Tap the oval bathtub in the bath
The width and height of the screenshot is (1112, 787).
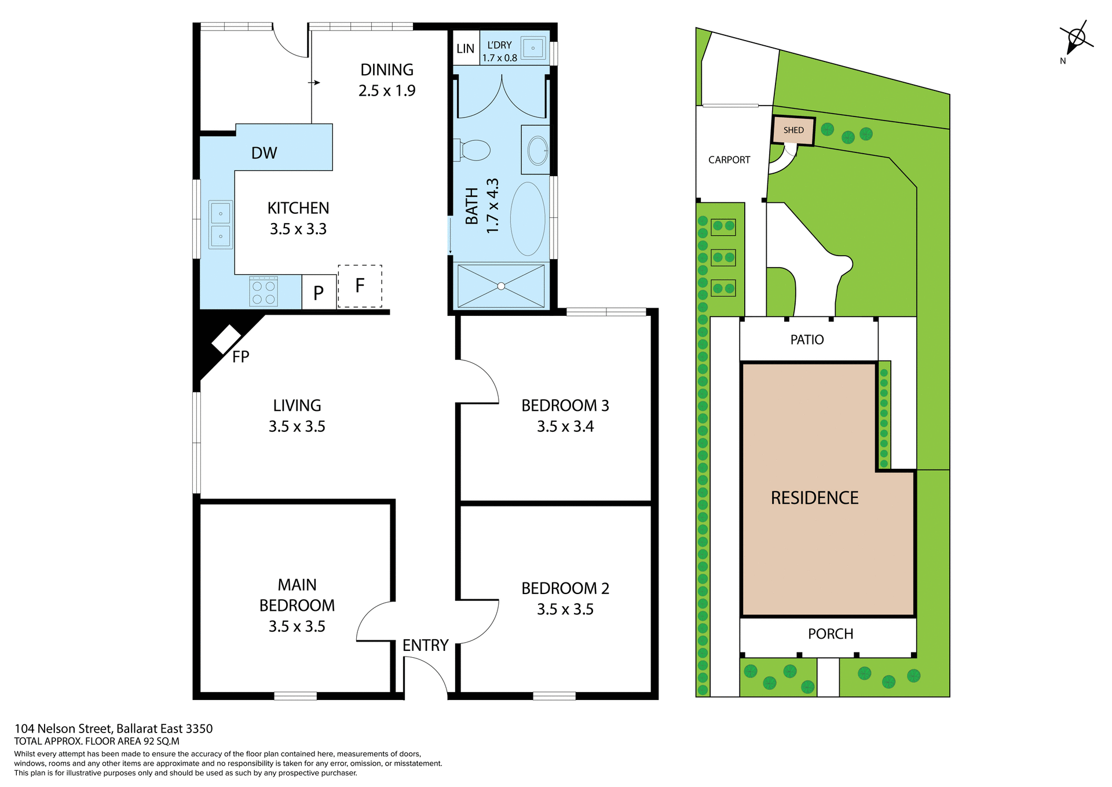[528, 219]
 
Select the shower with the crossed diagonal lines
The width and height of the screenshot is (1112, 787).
[501, 286]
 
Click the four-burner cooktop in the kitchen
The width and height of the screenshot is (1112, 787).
[264, 292]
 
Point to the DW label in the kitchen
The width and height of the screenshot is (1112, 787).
[264, 153]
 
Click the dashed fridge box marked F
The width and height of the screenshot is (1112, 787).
[360, 286]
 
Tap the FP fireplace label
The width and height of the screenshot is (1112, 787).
[240, 357]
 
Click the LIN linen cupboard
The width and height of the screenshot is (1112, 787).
[465, 49]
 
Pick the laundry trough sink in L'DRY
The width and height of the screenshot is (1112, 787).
[533, 48]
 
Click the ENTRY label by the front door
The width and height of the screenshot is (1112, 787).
[425, 646]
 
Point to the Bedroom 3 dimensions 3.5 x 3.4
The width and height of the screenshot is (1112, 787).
[565, 427]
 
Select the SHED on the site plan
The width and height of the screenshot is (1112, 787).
[793, 130]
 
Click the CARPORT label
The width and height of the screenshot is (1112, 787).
[729, 160]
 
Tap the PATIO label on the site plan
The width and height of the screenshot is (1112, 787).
[807, 340]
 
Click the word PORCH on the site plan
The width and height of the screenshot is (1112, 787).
[831, 634]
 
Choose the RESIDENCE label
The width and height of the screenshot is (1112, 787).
[814, 498]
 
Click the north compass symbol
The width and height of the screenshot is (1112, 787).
[1076, 39]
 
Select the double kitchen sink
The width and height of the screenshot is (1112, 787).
[221, 225]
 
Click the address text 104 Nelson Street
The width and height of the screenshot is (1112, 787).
[114, 728]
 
